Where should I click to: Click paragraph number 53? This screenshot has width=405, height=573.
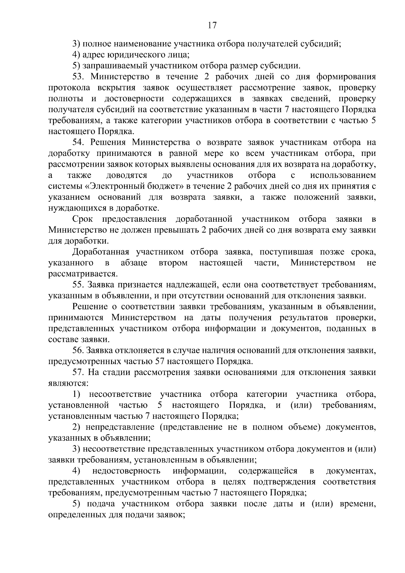pos(79,77)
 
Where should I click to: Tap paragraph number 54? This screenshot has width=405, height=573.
pos(79,142)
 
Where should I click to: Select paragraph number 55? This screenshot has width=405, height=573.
pos(79,285)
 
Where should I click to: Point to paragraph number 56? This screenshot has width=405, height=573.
pos(79,350)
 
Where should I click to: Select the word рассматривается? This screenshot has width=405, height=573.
pos(82,274)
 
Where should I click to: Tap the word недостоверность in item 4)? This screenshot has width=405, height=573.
pos(126,471)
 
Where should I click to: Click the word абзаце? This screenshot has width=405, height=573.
pos(134,263)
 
